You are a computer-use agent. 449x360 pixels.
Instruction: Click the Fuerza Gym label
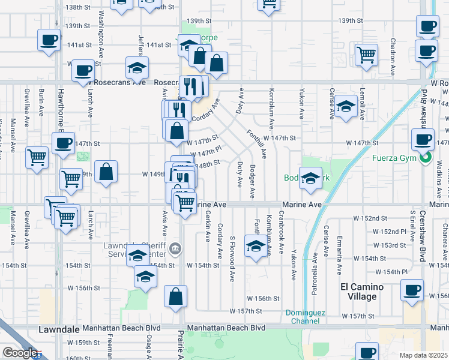coord(400,159)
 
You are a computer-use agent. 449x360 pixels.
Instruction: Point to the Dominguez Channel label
coord(304,317)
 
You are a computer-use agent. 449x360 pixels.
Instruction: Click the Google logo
coord(19,353)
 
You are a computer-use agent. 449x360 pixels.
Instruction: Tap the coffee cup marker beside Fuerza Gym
coord(423,140)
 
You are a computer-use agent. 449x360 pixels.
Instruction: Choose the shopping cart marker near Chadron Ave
coord(366,55)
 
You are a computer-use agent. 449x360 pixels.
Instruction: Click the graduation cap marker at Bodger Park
coord(310,178)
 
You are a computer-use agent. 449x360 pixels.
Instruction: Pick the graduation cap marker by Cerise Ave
coord(345,106)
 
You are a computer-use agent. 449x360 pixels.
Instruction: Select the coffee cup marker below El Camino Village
coord(412,291)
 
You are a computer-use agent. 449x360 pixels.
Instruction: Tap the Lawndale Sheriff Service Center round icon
coord(174,248)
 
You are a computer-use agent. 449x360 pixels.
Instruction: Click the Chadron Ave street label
coord(393,56)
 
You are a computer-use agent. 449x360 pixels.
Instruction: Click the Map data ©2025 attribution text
coord(424,355)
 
